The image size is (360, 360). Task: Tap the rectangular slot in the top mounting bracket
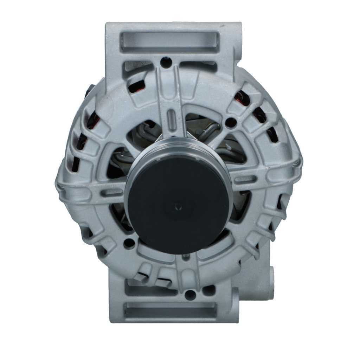pyautogui.click(x=170, y=42)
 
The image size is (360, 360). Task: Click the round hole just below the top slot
pyautogui.click(x=166, y=63)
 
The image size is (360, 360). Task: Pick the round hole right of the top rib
pyautogui.click(x=231, y=122)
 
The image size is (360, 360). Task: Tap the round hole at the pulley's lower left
pyautogui.click(x=130, y=243)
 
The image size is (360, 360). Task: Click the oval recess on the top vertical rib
pyautogui.click(x=171, y=116)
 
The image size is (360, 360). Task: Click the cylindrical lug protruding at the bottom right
pyautogui.click(x=271, y=283)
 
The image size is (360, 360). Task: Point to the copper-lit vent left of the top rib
pyautogui.click(x=136, y=86)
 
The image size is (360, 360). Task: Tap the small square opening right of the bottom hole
pyautogui.click(x=208, y=290)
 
